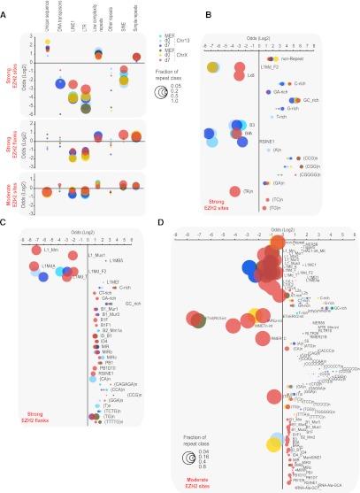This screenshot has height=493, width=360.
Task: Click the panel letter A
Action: [5, 6]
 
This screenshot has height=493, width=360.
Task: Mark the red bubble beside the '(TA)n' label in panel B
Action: [234, 192]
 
